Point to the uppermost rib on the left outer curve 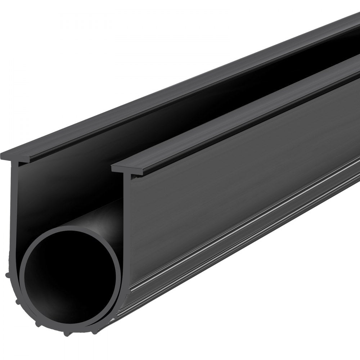tap(17, 276)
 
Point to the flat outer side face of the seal tap(234, 173)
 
